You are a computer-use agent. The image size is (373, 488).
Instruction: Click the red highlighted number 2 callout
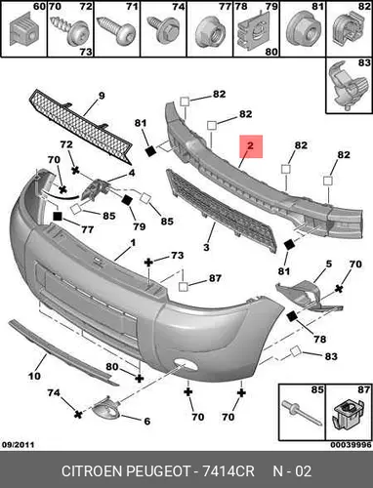tap(251, 146)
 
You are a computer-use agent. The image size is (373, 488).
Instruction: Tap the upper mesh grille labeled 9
tap(81, 127)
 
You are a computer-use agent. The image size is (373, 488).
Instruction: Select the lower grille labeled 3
tap(222, 211)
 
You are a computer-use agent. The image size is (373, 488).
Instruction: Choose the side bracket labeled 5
tap(308, 296)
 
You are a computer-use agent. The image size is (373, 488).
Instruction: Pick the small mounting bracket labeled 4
tap(95, 189)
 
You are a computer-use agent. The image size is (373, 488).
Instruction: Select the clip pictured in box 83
tap(348, 86)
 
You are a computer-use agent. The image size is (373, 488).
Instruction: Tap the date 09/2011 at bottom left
tap(19, 445)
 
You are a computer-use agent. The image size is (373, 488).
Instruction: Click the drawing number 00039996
tap(352, 445)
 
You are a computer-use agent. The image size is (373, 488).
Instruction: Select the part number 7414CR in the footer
tap(228, 471)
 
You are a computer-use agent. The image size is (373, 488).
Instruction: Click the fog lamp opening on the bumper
tap(185, 364)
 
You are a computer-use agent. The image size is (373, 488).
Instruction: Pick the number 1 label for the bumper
tap(133, 243)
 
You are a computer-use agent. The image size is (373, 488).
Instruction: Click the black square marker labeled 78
tap(292, 316)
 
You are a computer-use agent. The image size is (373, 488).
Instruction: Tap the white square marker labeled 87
tap(184, 287)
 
